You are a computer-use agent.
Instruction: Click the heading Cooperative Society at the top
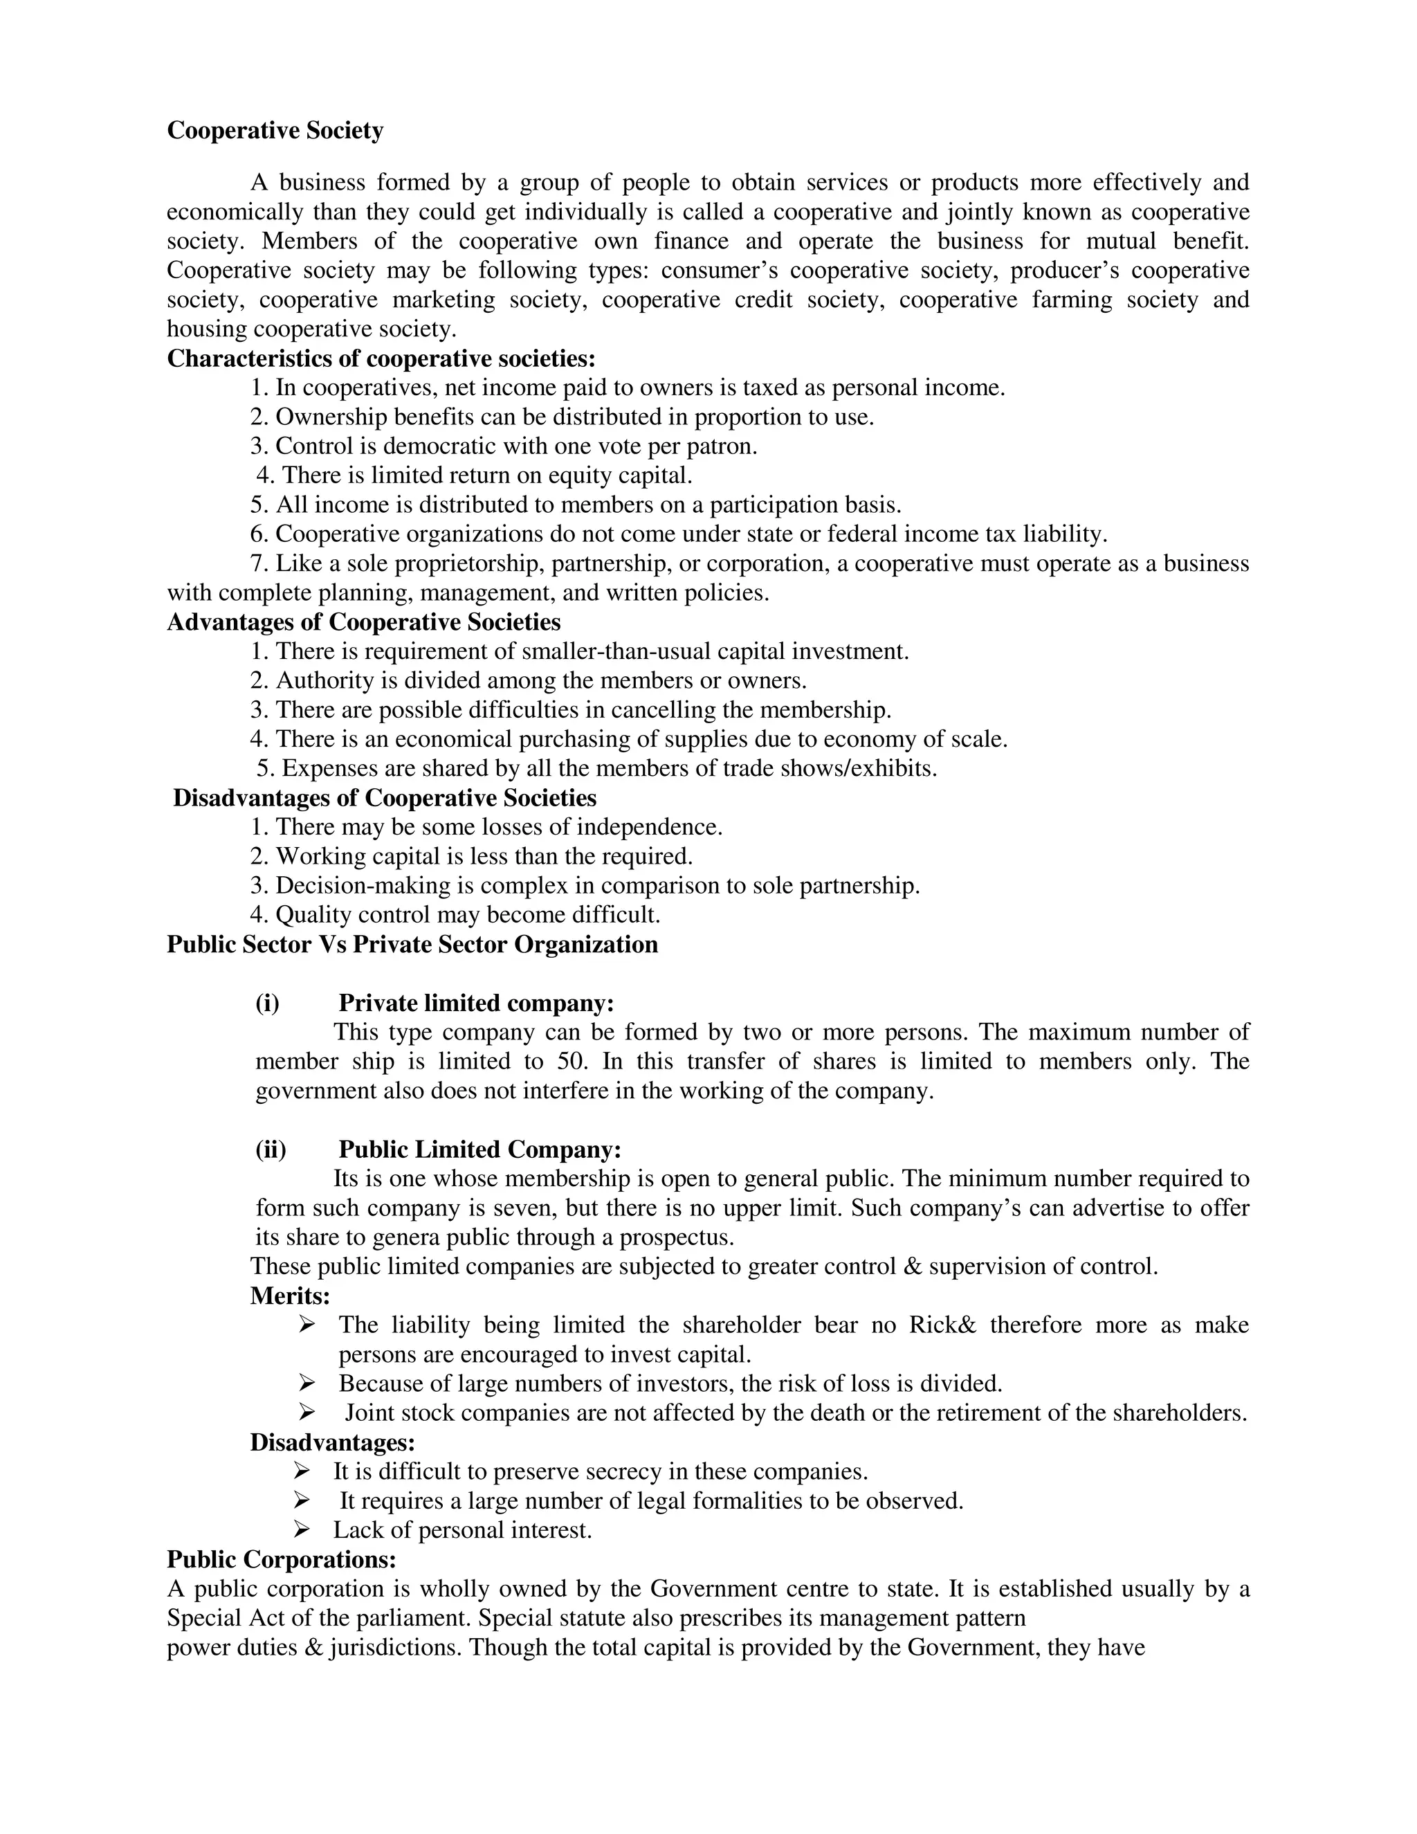(275, 131)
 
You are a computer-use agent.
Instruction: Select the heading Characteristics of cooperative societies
(381, 358)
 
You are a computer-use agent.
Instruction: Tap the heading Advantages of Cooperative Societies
(363, 622)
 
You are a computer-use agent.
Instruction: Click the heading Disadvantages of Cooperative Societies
(385, 798)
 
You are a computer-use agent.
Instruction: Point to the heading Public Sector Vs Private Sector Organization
(412, 945)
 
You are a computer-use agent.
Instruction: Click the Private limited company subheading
(476, 1004)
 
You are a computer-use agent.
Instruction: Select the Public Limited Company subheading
(479, 1150)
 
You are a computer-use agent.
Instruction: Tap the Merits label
(290, 1296)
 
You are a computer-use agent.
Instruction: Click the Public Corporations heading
(281, 1559)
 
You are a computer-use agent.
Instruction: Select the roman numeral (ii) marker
(271, 1150)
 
